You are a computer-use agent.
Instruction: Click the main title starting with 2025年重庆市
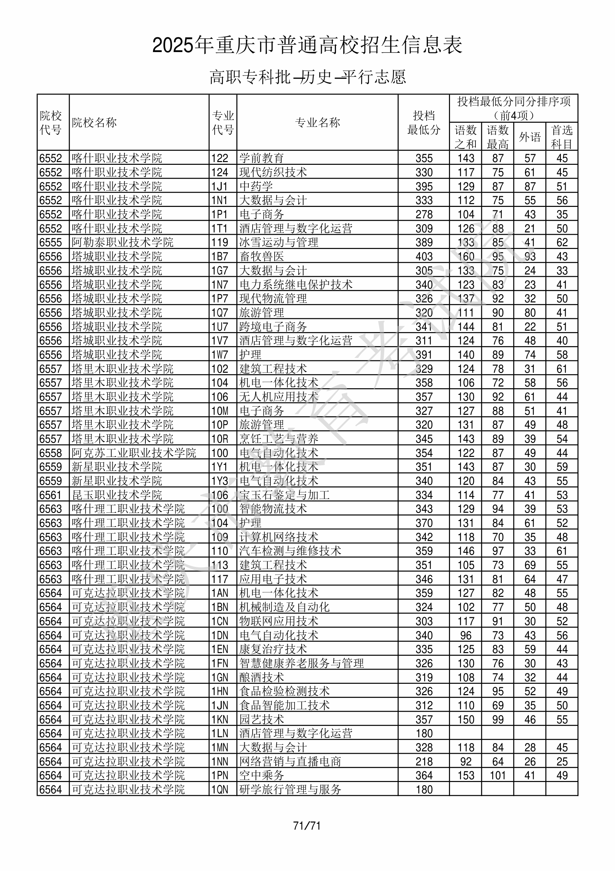(x=307, y=45)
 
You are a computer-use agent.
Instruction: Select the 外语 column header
(x=530, y=137)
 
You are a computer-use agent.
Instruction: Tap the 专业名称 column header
(x=317, y=122)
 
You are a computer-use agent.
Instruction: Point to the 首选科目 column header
(x=562, y=137)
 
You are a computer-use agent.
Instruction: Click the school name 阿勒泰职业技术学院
(x=122, y=242)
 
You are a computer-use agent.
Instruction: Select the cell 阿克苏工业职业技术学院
(x=134, y=453)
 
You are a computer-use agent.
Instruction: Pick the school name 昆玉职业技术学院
(x=117, y=495)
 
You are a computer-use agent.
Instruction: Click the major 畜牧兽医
(x=262, y=256)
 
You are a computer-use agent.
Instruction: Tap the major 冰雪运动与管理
(x=279, y=242)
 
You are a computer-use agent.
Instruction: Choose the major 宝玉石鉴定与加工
(x=284, y=495)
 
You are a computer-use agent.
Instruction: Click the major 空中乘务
(x=262, y=775)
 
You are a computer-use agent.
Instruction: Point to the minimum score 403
(x=423, y=256)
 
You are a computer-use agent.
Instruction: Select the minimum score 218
(x=423, y=761)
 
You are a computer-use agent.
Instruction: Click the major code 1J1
(x=219, y=186)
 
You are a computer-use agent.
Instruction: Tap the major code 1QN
(x=220, y=789)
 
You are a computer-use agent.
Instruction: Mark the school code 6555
(x=50, y=242)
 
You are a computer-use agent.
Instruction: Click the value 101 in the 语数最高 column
(x=498, y=775)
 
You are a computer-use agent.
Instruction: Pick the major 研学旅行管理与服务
(x=290, y=789)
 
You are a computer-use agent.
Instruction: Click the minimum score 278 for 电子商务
(x=423, y=214)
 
